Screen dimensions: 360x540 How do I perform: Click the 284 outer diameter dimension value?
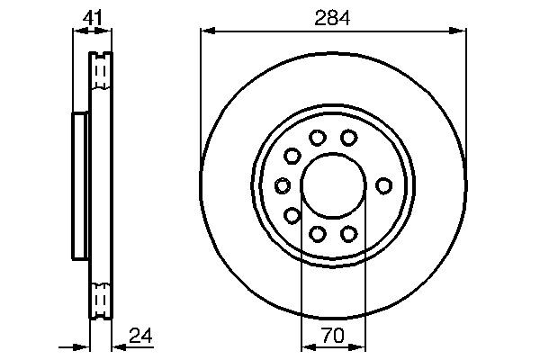point(332,16)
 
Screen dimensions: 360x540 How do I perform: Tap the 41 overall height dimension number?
point(92,16)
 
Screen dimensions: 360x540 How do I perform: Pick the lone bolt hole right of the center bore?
point(384,185)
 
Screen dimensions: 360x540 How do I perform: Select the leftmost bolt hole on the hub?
point(283,185)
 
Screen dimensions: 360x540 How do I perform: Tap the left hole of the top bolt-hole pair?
point(317,138)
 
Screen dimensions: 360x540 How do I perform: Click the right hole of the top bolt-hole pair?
point(348,138)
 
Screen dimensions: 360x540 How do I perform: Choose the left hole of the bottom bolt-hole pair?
point(317,234)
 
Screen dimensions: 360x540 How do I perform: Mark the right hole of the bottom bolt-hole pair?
point(348,234)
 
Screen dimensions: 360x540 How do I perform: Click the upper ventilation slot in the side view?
point(101,72)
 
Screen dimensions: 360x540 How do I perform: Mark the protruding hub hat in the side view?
point(79,185)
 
